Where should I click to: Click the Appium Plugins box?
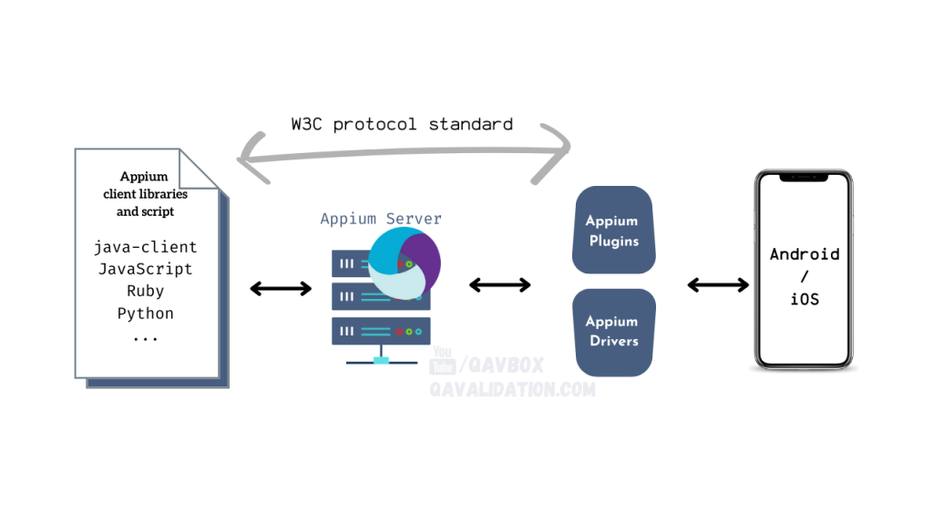(x=613, y=230)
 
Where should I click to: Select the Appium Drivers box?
(x=613, y=332)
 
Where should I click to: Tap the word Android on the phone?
(x=805, y=254)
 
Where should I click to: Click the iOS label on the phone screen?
(x=805, y=299)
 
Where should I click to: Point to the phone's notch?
(x=804, y=177)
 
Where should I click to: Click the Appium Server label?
(x=381, y=219)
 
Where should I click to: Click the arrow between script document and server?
(x=281, y=289)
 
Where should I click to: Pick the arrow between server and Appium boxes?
(x=500, y=285)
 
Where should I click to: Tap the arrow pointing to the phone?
(x=718, y=285)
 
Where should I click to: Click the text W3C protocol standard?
(x=402, y=124)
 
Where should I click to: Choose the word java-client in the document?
(x=145, y=247)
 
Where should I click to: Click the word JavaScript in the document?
(x=145, y=269)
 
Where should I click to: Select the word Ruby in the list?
(x=145, y=291)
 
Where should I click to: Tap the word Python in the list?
(x=145, y=314)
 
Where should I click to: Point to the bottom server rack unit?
(x=381, y=332)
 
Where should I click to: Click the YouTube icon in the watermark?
(x=443, y=361)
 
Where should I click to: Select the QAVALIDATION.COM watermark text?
(x=512, y=390)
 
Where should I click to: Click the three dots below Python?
(x=145, y=339)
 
